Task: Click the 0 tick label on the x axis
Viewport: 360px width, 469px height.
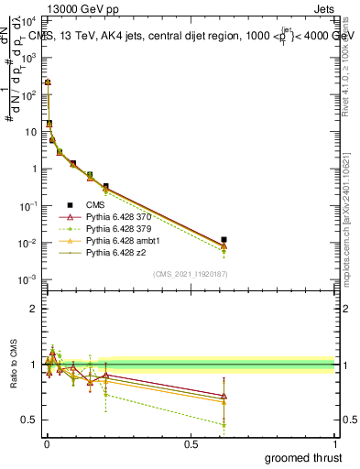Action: [46, 444]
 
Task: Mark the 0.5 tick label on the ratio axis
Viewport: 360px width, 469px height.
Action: [30, 420]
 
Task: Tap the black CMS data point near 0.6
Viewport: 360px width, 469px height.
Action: [224, 240]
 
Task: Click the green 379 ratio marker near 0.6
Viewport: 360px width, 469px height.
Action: [224, 424]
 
